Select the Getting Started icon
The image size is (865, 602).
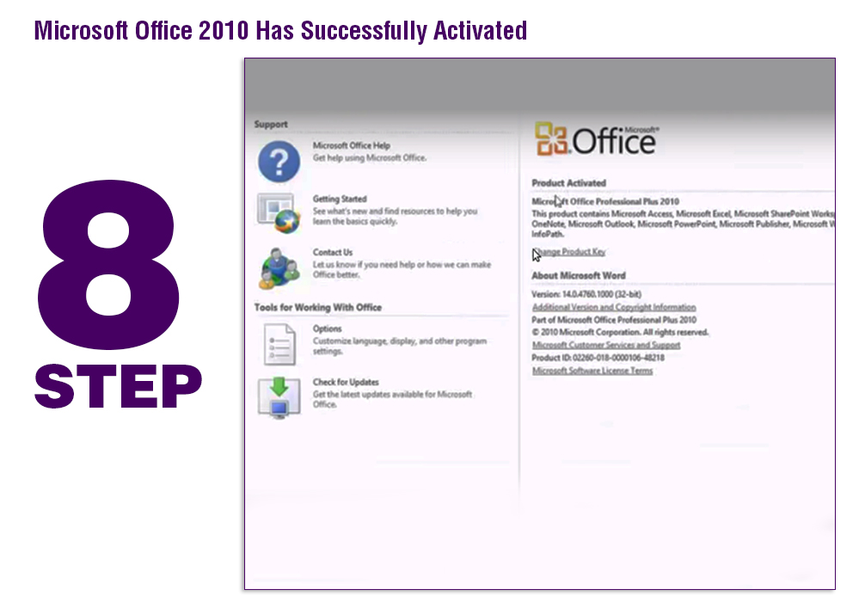pyautogui.click(x=279, y=213)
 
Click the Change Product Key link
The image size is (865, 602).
pyautogui.click(x=571, y=252)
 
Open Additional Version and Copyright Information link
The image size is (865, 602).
pyautogui.click(x=614, y=307)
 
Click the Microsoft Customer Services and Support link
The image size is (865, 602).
pyautogui.click(x=606, y=345)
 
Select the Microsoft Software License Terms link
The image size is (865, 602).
pyautogui.click(x=592, y=371)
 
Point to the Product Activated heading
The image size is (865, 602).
pyautogui.click(x=568, y=183)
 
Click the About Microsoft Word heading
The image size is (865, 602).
pyautogui.click(x=579, y=276)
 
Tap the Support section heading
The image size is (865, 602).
pyautogui.click(x=271, y=125)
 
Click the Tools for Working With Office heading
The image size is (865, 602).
pyautogui.click(x=317, y=307)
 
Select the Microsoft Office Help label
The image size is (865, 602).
pyautogui.click(x=351, y=146)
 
